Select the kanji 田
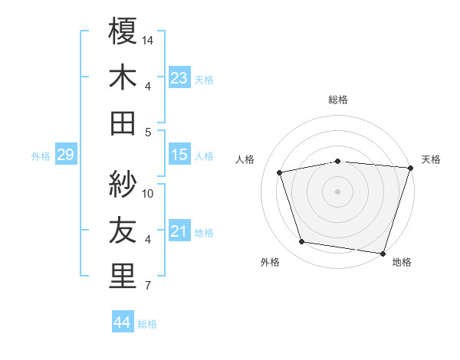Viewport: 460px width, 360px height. pos(123,123)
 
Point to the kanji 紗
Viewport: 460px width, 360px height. pos(123,185)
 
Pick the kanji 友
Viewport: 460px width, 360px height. pos(123,231)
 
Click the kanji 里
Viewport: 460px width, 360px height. pos(123,277)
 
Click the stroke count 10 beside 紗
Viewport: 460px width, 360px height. pos(149,194)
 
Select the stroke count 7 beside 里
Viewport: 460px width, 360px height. pos(147,286)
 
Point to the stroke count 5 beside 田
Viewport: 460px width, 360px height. pos(147,132)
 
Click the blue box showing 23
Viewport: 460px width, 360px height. pos(179,77)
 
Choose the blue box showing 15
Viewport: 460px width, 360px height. pos(179,155)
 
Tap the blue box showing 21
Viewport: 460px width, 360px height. pos(179,231)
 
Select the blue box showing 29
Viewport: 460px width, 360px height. pos(65,155)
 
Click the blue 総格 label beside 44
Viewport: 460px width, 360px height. pos(147,324)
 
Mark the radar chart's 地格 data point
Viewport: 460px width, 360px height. pos(383,253)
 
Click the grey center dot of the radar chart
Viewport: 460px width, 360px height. pos(337,191)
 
